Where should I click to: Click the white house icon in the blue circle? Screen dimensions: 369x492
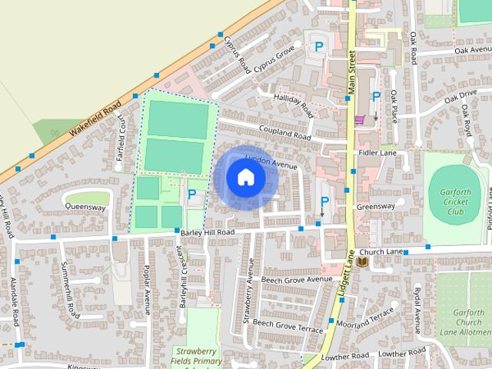[246, 178]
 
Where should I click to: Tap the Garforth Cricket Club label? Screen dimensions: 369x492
[455, 201]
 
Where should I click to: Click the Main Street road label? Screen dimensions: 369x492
[352, 73]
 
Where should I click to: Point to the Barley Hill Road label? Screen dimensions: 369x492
[208, 232]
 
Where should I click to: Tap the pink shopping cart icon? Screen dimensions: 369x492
[359, 119]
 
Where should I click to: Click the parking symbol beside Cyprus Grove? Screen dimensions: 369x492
[318, 47]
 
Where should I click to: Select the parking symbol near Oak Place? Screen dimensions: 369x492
[376, 97]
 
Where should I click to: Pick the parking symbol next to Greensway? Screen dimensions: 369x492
[324, 202]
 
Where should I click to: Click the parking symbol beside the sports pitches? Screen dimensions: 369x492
[191, 195]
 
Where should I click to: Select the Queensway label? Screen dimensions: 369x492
[85, 207]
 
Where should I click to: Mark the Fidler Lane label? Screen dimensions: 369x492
[377, 153]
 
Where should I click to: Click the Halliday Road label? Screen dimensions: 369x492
[294, 101]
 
